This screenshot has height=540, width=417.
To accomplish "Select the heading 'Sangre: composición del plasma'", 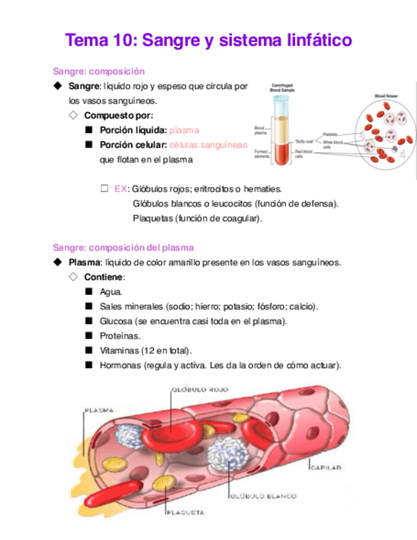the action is [x=123, y=247].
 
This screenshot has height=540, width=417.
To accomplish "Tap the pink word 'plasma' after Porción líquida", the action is [x=184, y=130].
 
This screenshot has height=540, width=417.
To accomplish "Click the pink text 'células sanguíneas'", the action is [x=208, y=145].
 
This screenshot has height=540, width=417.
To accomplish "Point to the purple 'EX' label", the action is [x=120, y=189].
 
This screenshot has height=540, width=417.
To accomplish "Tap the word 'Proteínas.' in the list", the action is [x=120, y=336].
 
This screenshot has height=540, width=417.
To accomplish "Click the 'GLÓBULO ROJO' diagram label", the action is [x=199, y=388].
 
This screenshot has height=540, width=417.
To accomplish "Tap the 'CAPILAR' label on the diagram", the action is [x=327, y=467].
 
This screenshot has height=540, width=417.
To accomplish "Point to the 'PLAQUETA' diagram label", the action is [x=184, y=511].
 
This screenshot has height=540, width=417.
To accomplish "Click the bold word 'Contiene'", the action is [x=104, y=277].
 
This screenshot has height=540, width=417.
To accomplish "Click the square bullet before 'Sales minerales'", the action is [x=87, y=306].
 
